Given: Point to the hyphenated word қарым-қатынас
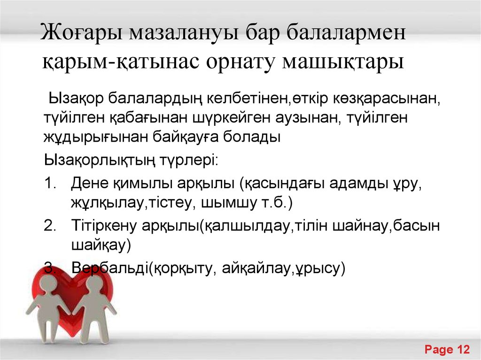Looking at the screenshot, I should click(120, 62).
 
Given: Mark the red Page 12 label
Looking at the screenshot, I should click(447, 349).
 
